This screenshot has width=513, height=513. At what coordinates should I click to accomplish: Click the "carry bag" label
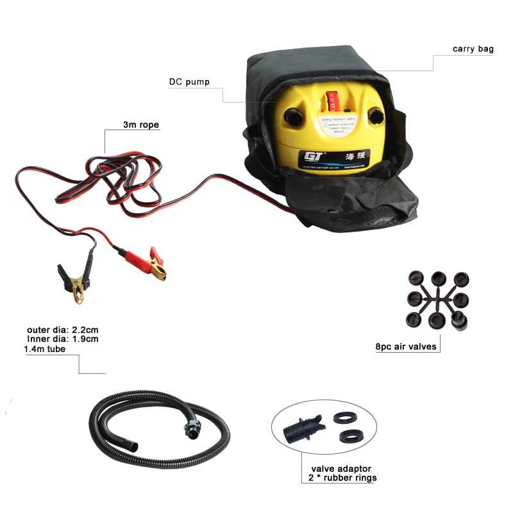click(x=473, y=49)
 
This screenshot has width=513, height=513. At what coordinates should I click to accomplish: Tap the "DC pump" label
click(x=189, y=81)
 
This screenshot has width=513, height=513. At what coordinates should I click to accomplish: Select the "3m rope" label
click(x=141, y=125)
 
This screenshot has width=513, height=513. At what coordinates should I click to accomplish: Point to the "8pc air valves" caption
click(x=406, y=347)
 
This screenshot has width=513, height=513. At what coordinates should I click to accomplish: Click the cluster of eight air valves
click(x=438, y=299)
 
